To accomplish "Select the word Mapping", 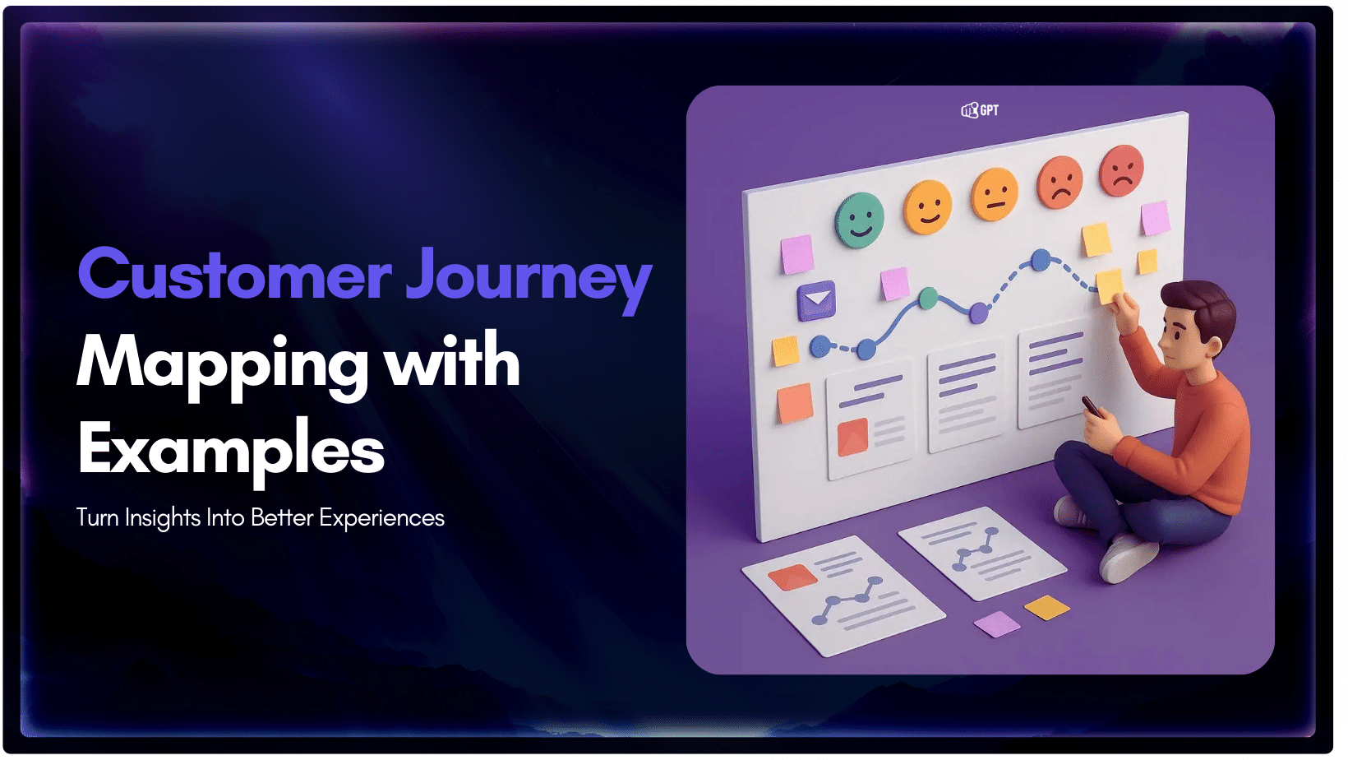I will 222,364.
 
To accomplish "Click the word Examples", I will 231,450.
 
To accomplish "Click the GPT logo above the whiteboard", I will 980,110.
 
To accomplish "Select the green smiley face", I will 859,219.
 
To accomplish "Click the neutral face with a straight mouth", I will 995,195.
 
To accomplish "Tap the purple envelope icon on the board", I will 816,300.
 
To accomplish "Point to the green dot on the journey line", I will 928,298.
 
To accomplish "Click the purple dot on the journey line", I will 979,313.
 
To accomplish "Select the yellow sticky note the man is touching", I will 1110,285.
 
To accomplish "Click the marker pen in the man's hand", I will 1091,405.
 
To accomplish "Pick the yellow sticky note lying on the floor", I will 1046,608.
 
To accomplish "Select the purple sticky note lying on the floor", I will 997,623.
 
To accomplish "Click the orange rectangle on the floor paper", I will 792,577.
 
